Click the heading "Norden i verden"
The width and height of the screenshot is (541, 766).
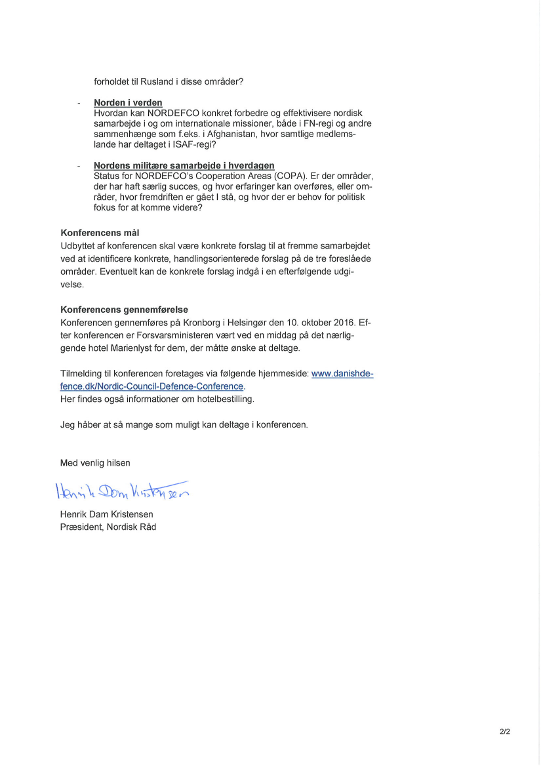point(128,103)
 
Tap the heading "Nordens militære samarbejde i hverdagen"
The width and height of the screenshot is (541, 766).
point(184,166)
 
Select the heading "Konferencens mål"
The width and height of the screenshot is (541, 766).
point(100,233)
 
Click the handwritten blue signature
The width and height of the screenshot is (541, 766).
point(122,490)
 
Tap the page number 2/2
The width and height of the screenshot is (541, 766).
point(504,731)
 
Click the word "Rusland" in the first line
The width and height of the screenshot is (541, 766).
point(156,82)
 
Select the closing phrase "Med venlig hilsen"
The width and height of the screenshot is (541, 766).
point(95,463)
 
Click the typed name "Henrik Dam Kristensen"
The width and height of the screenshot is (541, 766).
point(106,515)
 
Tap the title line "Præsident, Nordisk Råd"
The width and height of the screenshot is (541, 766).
point(108,527)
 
